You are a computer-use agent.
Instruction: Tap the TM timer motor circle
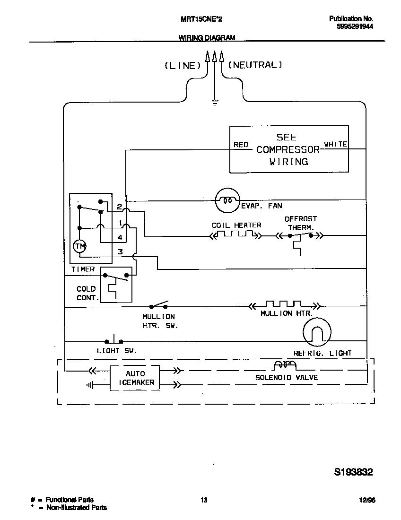(79, 246)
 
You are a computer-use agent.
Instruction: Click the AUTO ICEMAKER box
(135, 378)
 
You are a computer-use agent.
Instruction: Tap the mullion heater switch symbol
(159, 305)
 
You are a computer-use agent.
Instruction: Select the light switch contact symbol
(113, 340)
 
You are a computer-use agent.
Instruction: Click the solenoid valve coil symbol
(285, 365)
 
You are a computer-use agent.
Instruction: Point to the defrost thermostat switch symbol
(300, 235)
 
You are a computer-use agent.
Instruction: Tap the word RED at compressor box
(241, 145)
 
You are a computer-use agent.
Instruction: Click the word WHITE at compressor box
(335, 144)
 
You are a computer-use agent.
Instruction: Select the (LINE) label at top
(180, 66)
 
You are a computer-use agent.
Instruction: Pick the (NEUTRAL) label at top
(255, 65)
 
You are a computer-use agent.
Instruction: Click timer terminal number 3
(120, 252)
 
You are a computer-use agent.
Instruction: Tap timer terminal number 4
(120, 237)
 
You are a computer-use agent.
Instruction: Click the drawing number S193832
(354, 472)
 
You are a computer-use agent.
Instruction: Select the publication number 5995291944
(355, 27)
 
